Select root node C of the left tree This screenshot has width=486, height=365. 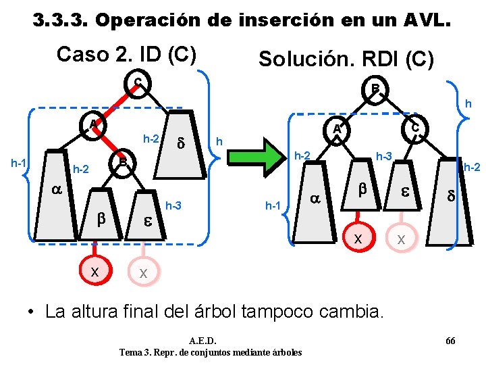tap(138, 84)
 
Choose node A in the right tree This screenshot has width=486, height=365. tap(338, 128)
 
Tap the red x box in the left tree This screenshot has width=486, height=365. tap(95, 270)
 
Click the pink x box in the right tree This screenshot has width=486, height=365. tap(401, 238)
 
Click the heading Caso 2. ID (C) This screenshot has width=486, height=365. tap(126, 53)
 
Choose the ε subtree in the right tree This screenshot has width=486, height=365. tap(405, 193)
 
